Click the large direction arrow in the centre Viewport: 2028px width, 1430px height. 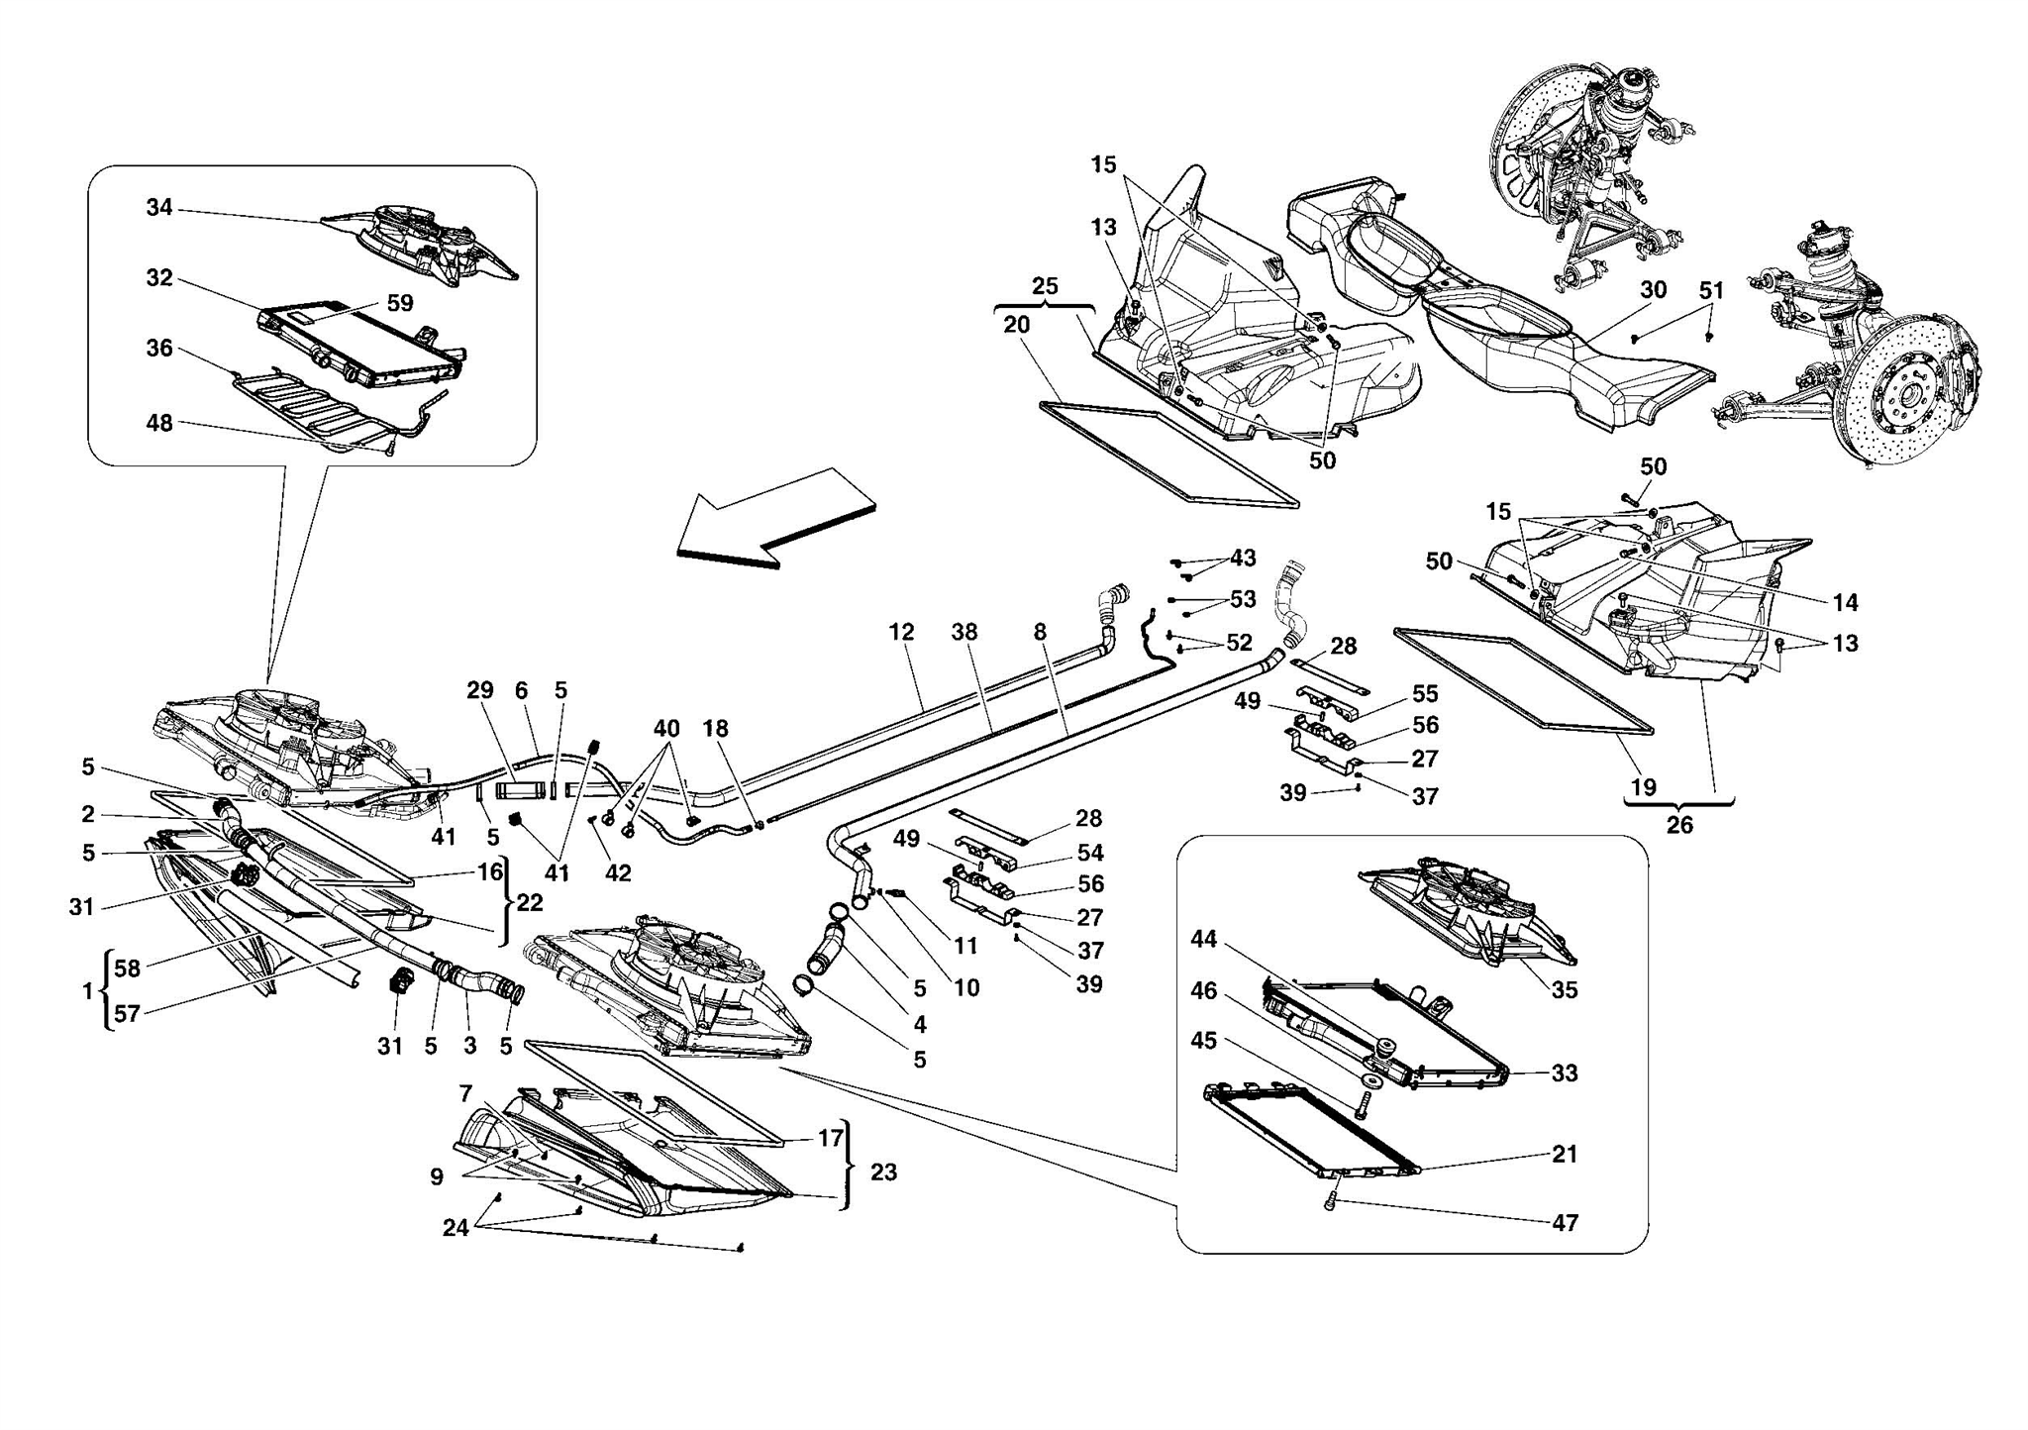[775, 518]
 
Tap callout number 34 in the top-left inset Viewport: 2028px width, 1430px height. [159, 208]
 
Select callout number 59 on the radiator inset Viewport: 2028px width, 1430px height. [400, 304]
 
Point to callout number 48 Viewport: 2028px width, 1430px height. [159, 424]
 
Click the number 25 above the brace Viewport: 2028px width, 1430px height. [1045, 287]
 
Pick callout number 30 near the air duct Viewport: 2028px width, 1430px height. [1653, 290]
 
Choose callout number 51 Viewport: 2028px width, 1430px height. [1711, 291]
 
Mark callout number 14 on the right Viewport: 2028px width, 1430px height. [1845, 602]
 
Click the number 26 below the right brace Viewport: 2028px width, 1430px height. [1679, 824]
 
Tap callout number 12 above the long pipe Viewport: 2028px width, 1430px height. [901, 632]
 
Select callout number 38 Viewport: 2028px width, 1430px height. [964, 632]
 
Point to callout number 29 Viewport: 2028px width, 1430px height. [480, 690]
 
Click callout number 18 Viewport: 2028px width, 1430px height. [715, 729]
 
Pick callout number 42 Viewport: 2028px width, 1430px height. [618, 873]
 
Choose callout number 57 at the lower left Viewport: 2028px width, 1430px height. [128, 1012]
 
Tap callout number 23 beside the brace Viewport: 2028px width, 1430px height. [883, 1173]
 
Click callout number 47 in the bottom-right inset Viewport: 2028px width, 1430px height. [1565, 1223]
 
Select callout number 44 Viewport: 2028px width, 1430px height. [1203, 939]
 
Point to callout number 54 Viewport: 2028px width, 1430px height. [1090, 853]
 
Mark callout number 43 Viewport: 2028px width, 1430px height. [1243, 559]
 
